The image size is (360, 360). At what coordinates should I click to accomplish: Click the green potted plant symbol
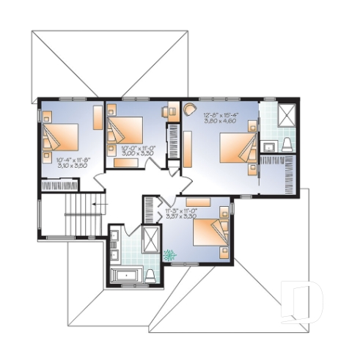171,255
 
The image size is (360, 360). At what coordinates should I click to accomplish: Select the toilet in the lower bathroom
150,275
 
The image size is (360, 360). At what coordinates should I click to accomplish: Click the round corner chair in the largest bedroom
190,109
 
